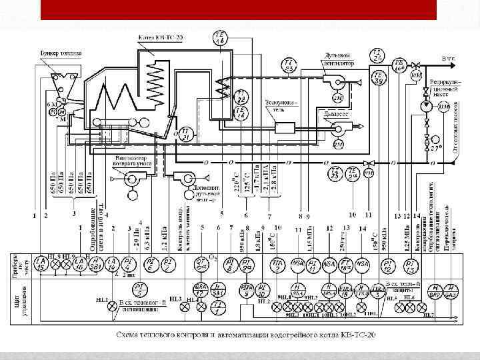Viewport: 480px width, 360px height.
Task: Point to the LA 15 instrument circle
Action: click(x=41, y=264)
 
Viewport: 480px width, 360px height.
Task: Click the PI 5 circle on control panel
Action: click(x=141, y=289)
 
